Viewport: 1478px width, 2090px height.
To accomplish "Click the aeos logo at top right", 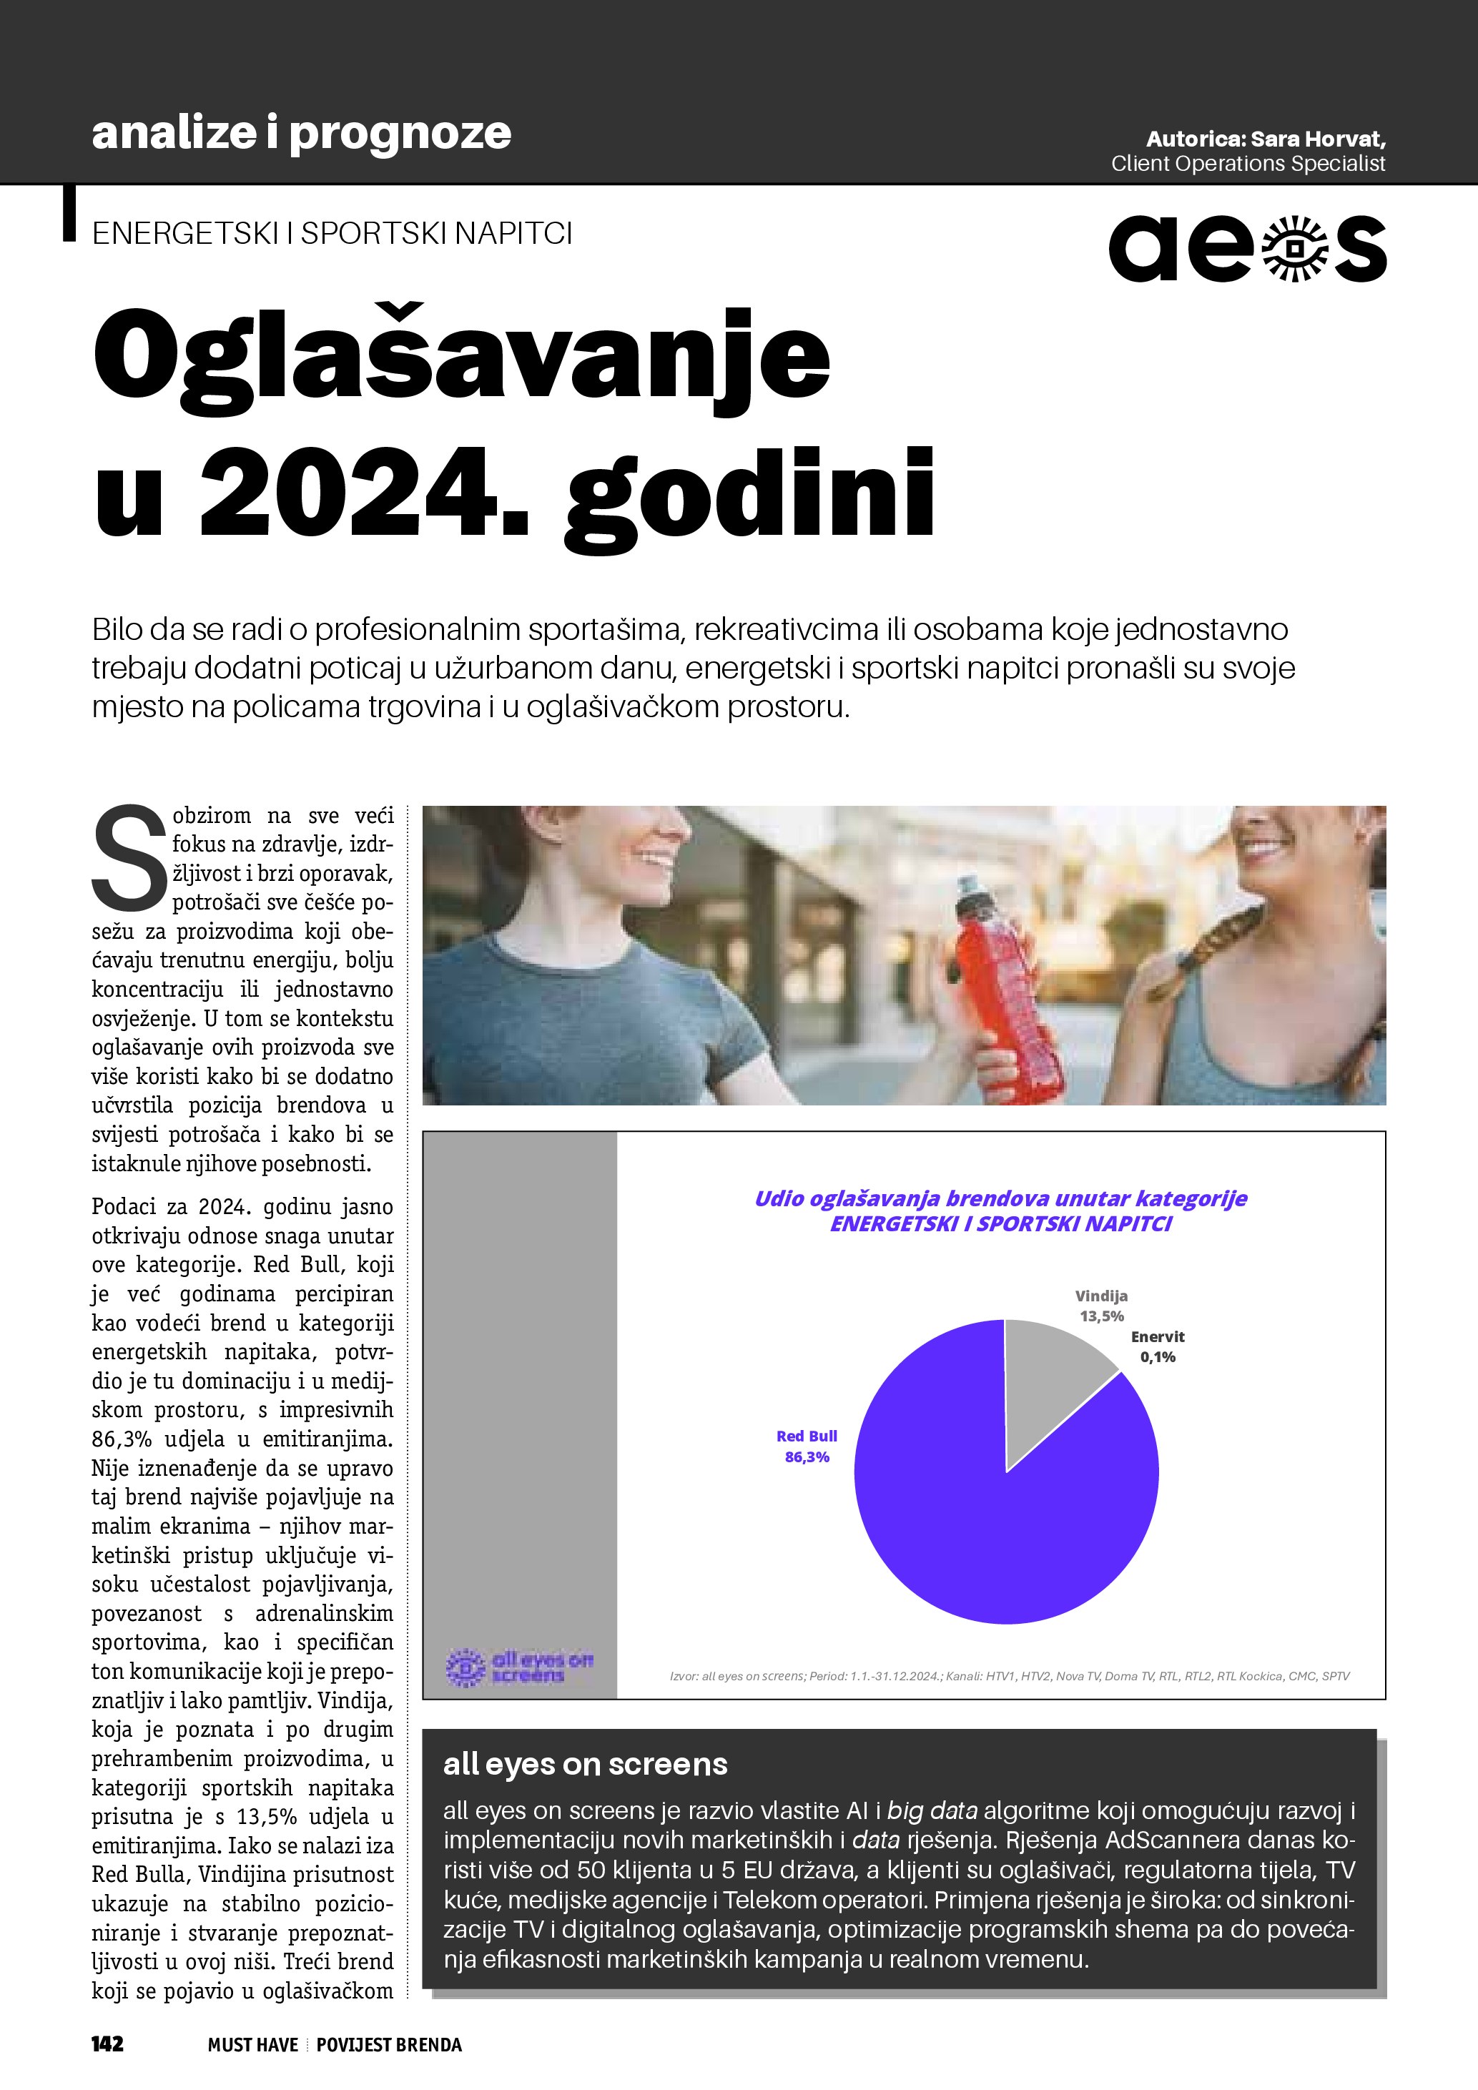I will (1247, 249).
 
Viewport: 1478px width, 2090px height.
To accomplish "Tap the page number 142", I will (107, 2044).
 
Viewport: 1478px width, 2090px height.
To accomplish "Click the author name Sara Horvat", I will (1318, 139).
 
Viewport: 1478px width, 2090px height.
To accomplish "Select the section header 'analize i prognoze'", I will (301, 133).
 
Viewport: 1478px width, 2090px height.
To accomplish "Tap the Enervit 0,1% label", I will (1158, 1346).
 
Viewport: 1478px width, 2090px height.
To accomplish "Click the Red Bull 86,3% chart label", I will (807, 1446).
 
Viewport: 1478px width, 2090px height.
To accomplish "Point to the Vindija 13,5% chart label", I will (1101, 1306).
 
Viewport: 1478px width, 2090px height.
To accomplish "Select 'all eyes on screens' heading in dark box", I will (585, 1764).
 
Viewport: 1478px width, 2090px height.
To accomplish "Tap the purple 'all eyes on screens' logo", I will (518, 1666).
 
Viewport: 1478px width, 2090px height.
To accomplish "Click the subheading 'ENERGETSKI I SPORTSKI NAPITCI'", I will (332, 234).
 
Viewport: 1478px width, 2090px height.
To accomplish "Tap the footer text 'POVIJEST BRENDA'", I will (388, 2044).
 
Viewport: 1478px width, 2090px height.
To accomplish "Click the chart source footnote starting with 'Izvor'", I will (1010, 1676).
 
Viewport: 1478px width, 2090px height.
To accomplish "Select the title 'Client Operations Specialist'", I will (1248, 164).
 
